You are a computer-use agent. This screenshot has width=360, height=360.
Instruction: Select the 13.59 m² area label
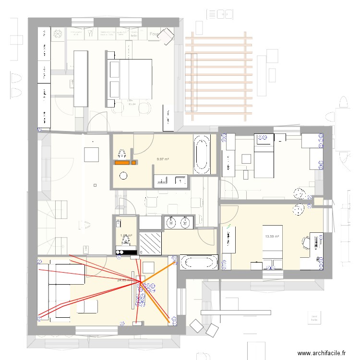click(272, 236)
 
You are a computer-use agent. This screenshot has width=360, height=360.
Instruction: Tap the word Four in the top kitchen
click(154, 34)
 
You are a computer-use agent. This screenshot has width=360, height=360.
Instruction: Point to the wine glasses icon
click(90, 34)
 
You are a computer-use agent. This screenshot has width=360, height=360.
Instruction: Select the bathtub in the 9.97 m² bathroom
click(201, 154)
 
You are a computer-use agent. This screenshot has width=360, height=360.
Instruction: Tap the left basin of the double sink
click(172, 222)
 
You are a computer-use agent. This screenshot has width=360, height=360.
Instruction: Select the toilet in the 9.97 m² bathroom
click(122, 153)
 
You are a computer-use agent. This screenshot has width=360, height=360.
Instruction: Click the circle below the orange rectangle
click(124, 176)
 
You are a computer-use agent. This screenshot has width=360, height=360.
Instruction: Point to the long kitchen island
click(81, 79)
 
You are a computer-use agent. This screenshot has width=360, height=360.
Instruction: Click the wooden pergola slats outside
click(218, 77)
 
